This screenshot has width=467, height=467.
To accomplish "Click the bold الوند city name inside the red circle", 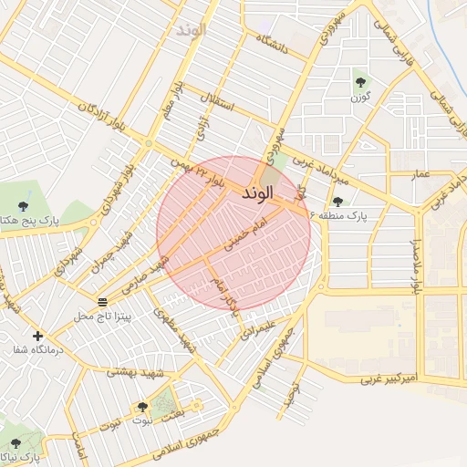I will [x=258, y=194].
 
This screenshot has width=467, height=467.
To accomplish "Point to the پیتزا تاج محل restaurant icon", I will [x=102, y=301].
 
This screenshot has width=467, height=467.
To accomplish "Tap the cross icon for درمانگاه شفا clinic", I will [x=37, y=336].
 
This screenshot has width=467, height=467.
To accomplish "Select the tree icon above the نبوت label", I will [x=141, y=407].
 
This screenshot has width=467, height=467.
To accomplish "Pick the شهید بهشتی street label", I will [x=134, y=371].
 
